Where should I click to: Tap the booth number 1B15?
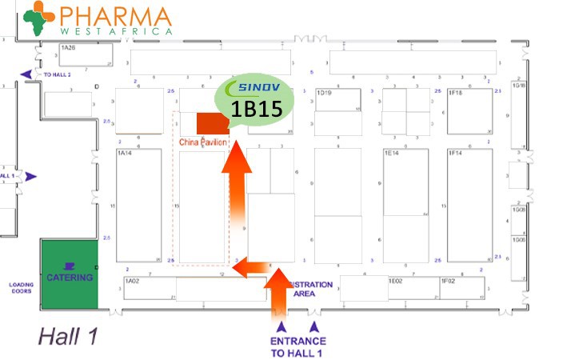point(256,110)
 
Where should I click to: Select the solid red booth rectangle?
point(212,123)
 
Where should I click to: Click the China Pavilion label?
point(203,142)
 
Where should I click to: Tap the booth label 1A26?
point(69,47)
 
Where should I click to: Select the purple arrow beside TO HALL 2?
point(27,74)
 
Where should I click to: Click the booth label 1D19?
point(324,93)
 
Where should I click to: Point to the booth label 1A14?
point(124,152)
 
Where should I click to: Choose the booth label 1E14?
point(391,152)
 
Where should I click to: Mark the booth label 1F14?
point(455,152)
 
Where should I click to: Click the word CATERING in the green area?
point(69,278)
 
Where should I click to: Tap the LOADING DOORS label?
point(22,287)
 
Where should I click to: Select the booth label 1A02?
point(132,281)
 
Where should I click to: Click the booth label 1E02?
point(395,281)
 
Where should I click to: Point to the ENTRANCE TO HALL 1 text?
point(297,346)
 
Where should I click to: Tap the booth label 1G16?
point(519,85)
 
